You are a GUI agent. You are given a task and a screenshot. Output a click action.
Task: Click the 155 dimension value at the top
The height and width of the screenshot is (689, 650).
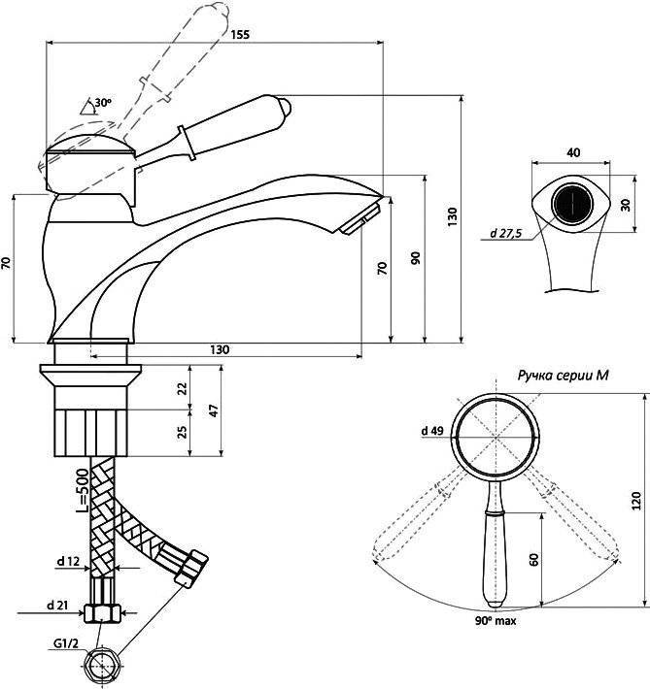(x=240, y=34)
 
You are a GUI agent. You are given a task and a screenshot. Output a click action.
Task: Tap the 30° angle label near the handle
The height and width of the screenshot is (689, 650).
(x=103, y=103)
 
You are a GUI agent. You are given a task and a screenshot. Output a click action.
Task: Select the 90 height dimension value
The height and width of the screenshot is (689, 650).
(x=416, y=258)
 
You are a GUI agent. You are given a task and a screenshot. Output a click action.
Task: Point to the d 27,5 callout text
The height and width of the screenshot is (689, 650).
(x=506, y=233)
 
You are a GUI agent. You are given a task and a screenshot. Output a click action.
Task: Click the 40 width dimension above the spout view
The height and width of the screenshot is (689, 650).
(x=573, y=152)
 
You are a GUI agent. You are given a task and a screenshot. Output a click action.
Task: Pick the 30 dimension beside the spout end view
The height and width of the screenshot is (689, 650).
(x=625, y=205)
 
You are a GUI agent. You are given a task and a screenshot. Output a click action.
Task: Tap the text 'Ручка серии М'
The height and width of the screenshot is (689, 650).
(x=563, y=376)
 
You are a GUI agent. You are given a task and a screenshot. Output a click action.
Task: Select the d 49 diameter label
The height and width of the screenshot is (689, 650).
(x=432, y=431)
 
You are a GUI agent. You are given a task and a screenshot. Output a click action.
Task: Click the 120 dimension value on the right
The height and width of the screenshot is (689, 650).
(x=636, y=501)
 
